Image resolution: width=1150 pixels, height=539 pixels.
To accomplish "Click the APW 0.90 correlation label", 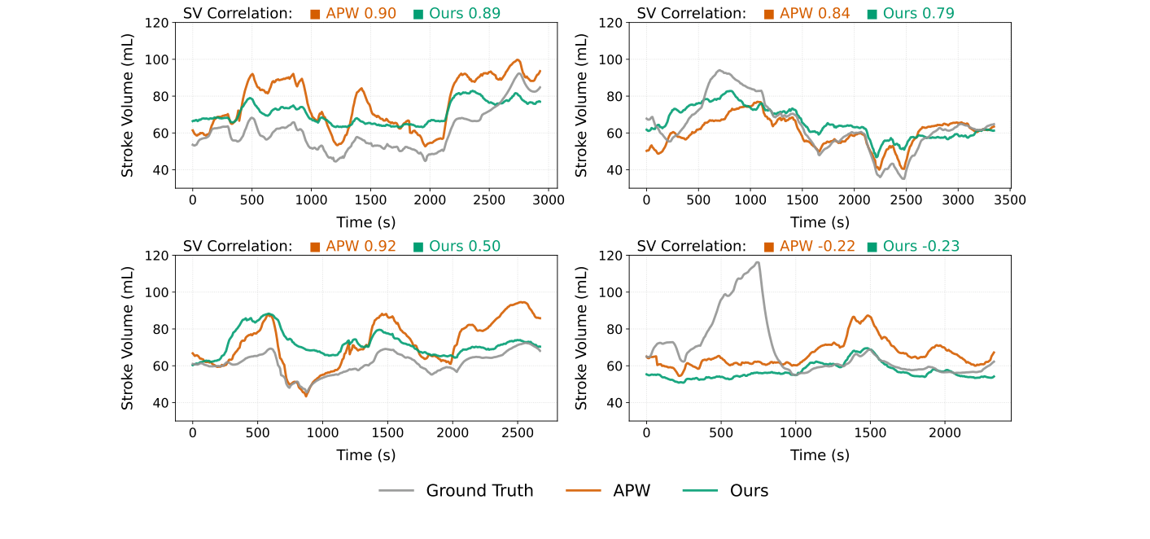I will (x=361, y=13).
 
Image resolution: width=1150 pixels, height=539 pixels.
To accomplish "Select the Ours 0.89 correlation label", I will (x=465, y=13).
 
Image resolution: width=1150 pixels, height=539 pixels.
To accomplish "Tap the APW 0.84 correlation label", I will (x=815, y=13).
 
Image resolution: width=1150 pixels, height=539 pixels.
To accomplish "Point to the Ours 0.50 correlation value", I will (x=465, y=246).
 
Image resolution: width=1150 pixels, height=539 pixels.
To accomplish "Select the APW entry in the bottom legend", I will (x=632, y=490).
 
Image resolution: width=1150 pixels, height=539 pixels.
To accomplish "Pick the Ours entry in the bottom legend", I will (x=749, y=490).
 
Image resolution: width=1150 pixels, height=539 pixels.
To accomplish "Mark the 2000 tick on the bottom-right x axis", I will (x=944, y=432).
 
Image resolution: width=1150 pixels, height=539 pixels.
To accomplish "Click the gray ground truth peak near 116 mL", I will (x=758, y=262).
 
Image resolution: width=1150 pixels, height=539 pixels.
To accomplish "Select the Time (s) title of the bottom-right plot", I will (x=820, y=455).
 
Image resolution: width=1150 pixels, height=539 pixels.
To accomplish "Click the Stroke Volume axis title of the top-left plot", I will (x=128, y=105).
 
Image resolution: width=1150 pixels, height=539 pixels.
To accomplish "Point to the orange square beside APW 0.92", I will (x=315, y=247).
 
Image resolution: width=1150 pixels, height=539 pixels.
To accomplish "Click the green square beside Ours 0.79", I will (x=872, y=14).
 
